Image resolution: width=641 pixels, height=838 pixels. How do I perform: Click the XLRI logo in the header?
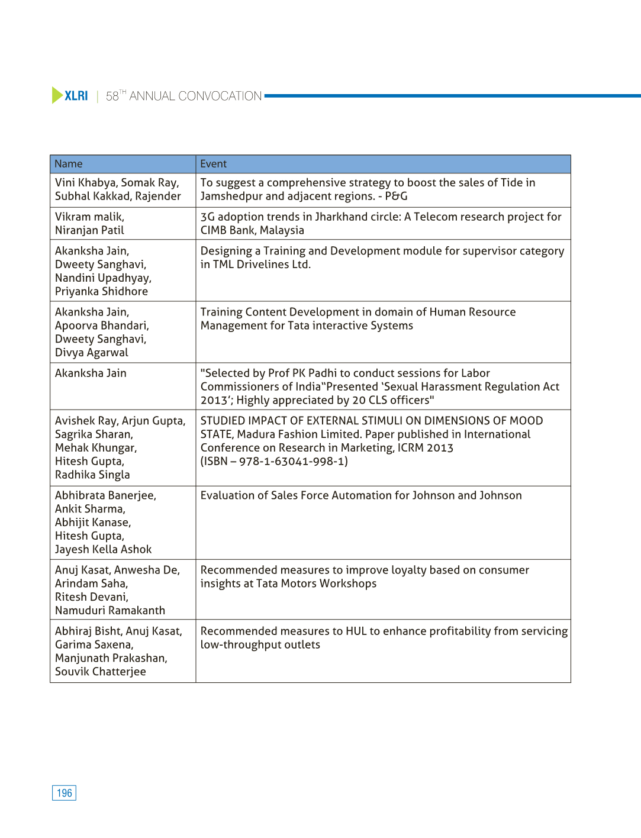pos(70,96)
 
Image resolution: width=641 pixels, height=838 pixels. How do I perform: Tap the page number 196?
pos(65,793)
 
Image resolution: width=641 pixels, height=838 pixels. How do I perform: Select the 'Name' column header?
pos(69,164)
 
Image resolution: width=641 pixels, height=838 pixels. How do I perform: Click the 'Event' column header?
pos(214,164)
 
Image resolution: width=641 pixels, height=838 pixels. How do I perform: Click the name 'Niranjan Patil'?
pos(89,230)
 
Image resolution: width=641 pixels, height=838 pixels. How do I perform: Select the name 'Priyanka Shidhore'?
pos(101,291)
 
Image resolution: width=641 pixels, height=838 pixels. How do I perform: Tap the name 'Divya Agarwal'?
pos(91,353)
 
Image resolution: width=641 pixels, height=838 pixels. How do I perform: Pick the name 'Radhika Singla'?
pos(92,475)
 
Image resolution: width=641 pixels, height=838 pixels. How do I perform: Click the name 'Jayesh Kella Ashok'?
pos(103,549)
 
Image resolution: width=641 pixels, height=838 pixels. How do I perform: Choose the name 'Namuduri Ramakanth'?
pos(110,610)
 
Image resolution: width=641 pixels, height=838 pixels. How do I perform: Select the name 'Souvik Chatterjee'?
pos(100,672)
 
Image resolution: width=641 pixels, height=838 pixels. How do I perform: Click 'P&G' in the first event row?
pos(396,196)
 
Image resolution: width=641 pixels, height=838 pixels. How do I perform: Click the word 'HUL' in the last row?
pos(356,631)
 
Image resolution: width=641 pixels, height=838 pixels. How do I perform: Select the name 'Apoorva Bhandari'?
pos(101,325)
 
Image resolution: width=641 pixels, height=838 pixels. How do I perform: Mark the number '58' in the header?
pos(112,96)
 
